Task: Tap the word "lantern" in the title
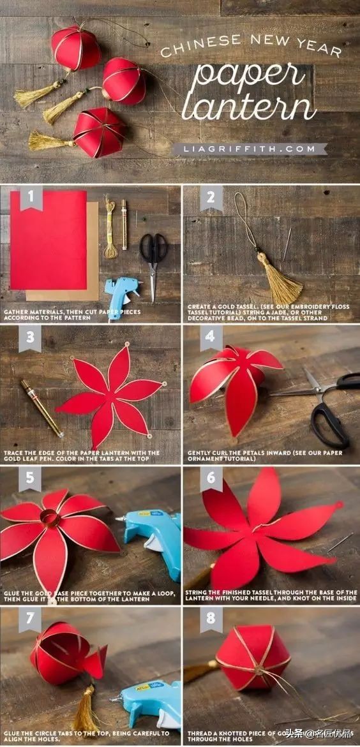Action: click(x=249, y=109)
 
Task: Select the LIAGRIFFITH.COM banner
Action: click(x=249, y=149)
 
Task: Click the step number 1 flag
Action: click(x=31, y=198)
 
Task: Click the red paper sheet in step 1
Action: click(x=49, y=239)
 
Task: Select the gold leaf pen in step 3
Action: click(x=41, y=408)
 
